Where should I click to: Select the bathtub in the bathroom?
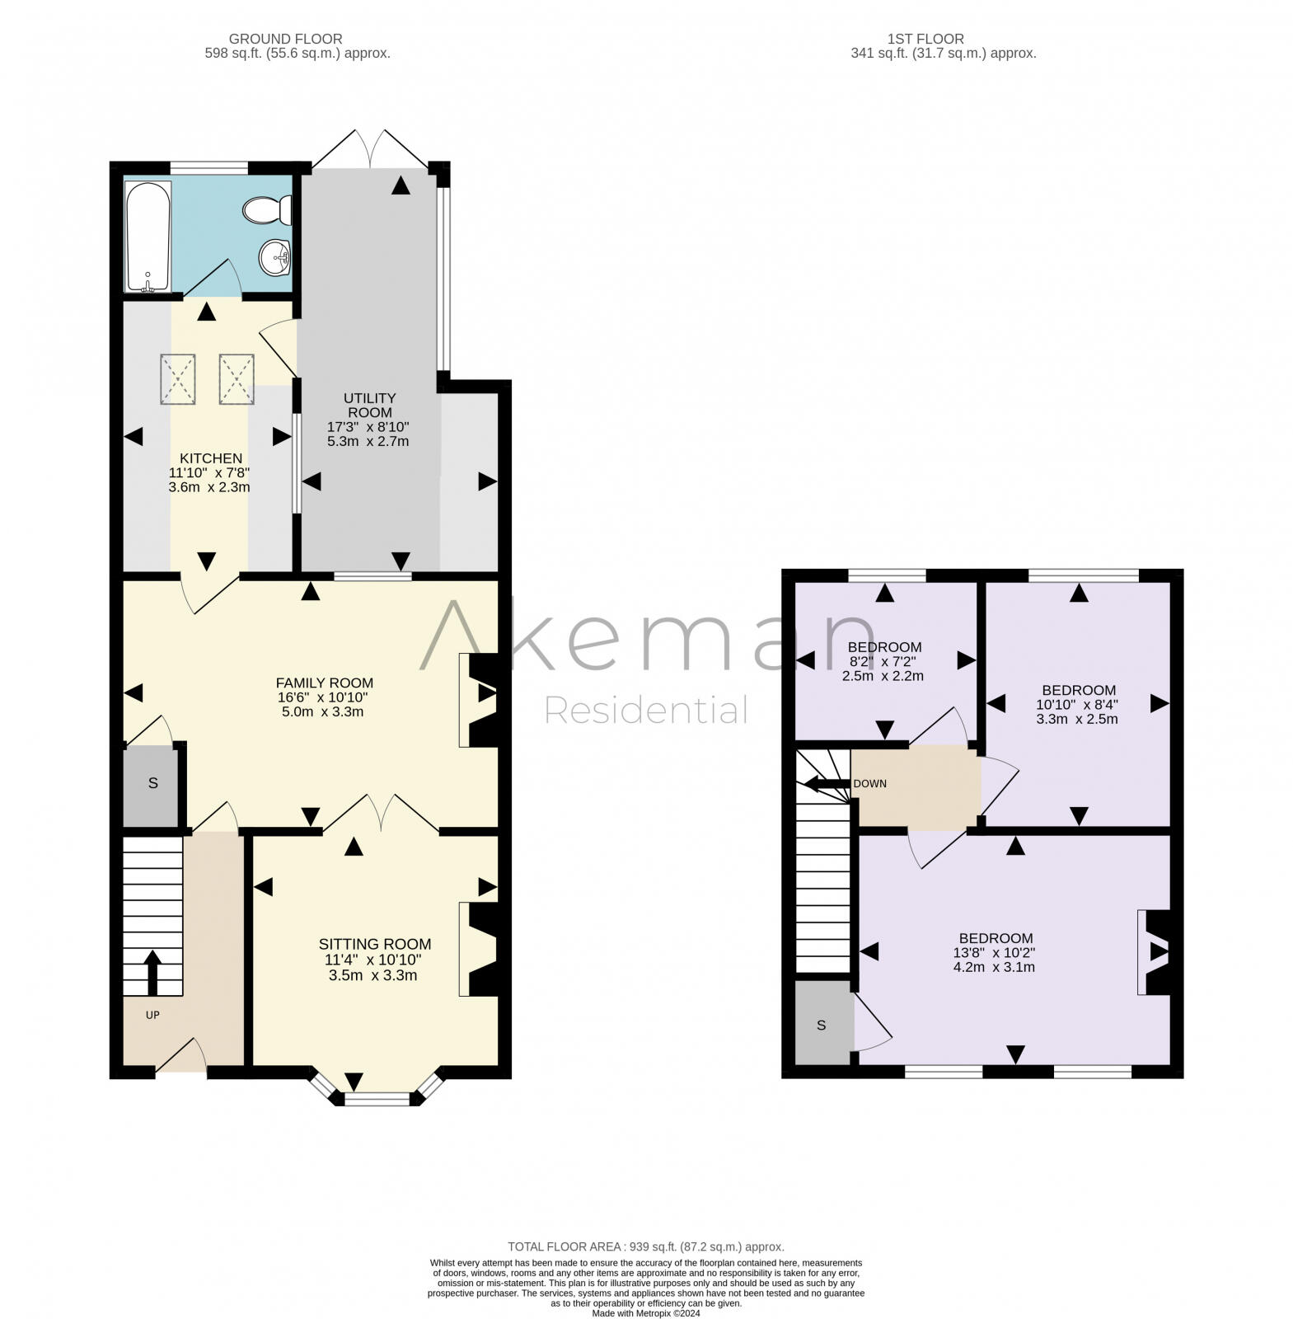tap(148, 237)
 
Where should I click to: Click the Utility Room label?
tap(369, 406)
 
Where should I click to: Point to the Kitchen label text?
tap(211, 458)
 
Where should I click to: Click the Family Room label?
tap(324, 683)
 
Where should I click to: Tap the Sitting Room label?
tap(375, 944)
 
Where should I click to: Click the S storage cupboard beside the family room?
tap(152, 784)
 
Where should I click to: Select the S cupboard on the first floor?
tap(821, 1026)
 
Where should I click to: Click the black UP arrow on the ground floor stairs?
tap(152, 973)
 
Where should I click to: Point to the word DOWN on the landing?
tap(869, 783)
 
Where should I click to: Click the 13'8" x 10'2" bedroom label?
tap(995, 938)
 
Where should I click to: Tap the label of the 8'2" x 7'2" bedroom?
tap(884, 647)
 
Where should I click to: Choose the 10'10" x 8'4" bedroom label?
tap(1078, 690)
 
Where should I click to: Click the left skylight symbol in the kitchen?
tap(177, 378)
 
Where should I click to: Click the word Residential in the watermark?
tap(646, 711)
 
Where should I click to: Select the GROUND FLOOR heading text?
tap(285, 39)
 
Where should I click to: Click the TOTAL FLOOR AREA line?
tap(645, 1246)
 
